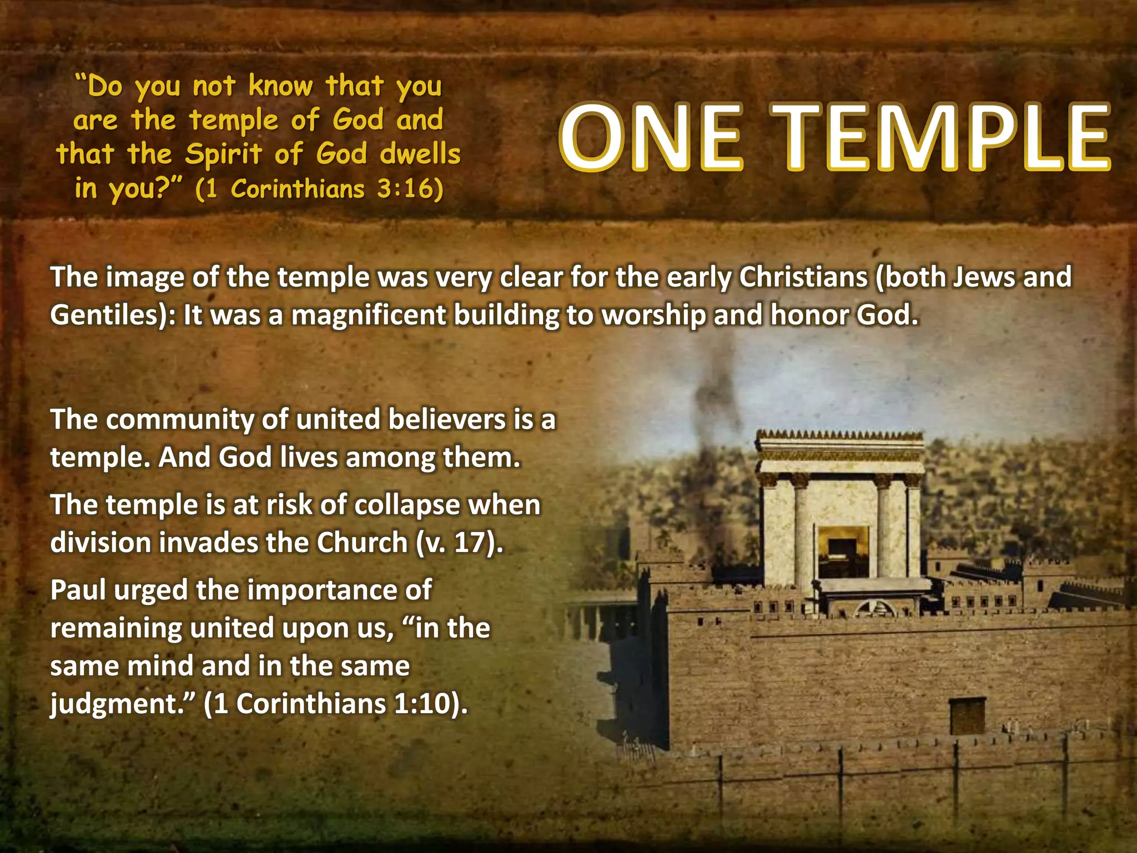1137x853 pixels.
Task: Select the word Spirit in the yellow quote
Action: [x=223, y=154]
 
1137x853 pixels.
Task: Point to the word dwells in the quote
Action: [x=420, y=154]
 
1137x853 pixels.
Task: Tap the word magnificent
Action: [x=368, y=315]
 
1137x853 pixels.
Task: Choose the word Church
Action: [x=362, y=543]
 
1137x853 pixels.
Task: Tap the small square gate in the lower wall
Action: [x=967, y=715]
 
